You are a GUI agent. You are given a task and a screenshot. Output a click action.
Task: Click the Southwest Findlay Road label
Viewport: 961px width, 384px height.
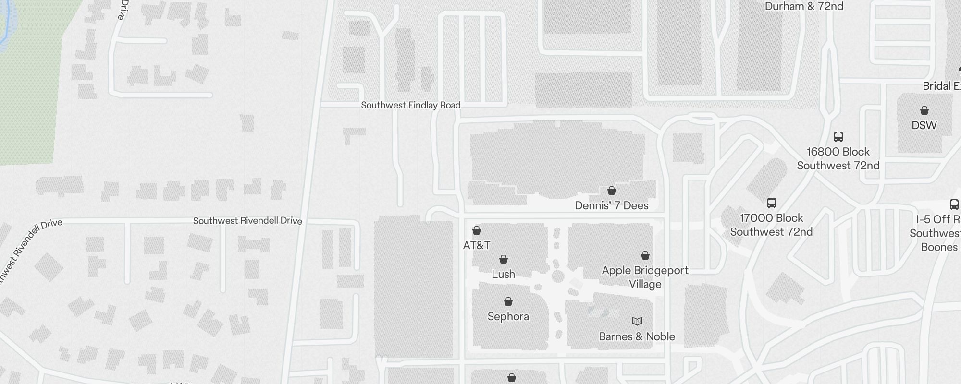[x=411, y=105]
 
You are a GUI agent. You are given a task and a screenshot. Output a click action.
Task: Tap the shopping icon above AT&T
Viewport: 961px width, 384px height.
[x=477, y=231]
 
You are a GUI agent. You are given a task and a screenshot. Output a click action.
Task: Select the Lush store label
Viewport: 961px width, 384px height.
[x=503, y=274]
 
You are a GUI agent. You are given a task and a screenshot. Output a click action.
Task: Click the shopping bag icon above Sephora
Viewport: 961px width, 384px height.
[x=508, y=301]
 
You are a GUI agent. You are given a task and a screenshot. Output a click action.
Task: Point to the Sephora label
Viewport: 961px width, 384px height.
[x=508, y=316]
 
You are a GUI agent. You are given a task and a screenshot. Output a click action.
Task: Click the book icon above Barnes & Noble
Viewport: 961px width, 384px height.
[x=637, y=321]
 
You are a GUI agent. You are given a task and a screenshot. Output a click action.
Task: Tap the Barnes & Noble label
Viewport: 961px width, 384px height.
[x=637, y=336]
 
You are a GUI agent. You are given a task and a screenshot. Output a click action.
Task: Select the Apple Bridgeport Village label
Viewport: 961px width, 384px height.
[x=645, y=277]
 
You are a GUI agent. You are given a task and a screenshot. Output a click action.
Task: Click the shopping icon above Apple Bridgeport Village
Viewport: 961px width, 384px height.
[x=645, y=255]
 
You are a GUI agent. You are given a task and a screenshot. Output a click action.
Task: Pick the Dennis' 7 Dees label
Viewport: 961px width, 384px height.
[x=612, y=205]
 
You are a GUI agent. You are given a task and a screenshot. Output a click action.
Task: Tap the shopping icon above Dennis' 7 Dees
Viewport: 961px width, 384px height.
[x=612, y=191]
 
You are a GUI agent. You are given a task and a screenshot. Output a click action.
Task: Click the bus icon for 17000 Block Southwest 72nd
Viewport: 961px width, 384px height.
[x=772, y=203]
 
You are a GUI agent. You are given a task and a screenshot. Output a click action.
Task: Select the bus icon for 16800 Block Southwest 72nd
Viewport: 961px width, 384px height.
[x=838, y=137]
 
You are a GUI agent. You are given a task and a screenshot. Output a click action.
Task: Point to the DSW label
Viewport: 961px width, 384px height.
[x=924, y=125]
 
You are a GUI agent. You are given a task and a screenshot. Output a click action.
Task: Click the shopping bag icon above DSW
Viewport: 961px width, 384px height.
[x=924, y=110]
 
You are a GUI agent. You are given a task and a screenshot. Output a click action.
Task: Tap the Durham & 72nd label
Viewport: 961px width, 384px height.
[x=804, y=6]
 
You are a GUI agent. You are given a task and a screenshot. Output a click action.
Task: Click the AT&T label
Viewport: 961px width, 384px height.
[x=476, y=245]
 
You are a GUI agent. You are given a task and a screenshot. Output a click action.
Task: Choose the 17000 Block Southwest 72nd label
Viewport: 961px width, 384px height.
[x=771, y=225]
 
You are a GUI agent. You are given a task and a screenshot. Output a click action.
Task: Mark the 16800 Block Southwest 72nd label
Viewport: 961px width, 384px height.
[x=838, y=158]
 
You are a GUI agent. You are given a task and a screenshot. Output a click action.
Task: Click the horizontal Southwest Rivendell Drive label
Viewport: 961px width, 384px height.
[x=247, y=221]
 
